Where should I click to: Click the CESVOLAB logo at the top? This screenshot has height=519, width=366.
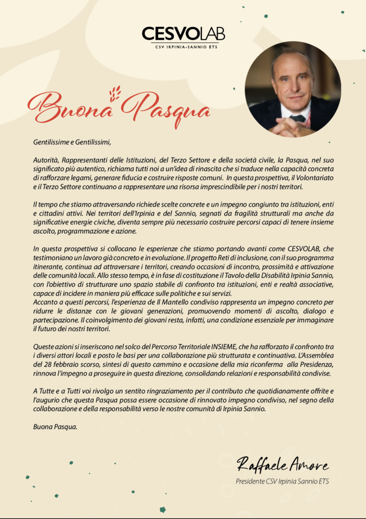point(183,33)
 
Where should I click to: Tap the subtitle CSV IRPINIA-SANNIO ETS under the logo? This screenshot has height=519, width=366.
point(183,47)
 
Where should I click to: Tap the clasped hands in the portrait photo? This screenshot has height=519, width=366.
point(290,127)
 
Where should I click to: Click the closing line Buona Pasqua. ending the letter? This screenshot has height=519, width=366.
point(55,427)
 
